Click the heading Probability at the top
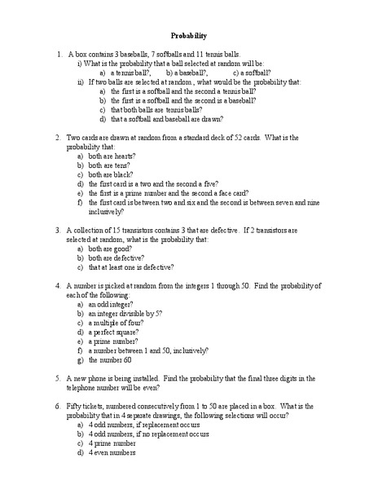[189, 36]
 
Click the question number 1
[59, 53]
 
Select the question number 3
[59, 230]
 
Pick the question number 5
[59, 378]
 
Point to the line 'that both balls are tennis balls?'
[156, 109]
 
